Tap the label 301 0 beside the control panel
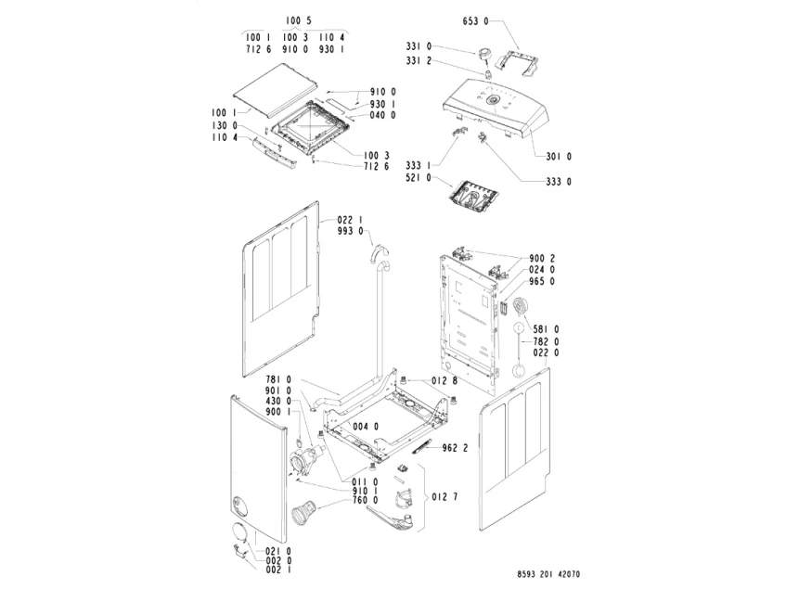pyautogui.click(x=558, y=156)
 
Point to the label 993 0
pyautogui.click(x=350, y=232)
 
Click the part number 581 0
pyautogui.click(x=545, y=328)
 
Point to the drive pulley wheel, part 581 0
pyautogui.click(x=516, y=307)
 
